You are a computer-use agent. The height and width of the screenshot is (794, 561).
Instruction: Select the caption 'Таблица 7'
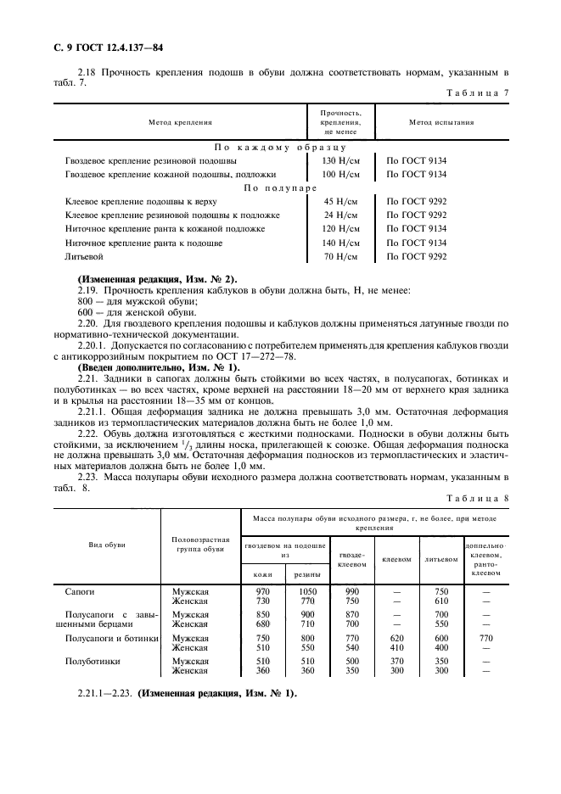(x=478, y=92)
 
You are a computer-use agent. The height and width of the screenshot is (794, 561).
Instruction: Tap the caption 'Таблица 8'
(x=478, y=500)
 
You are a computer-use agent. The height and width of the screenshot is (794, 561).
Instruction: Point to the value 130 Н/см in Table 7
(x=339, y=159)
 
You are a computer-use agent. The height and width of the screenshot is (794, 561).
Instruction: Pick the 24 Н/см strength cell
(x=339, y=215)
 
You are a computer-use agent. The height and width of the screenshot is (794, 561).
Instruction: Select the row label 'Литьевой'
(x=84, y=256)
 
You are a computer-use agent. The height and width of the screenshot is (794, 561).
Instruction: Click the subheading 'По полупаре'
(x=280, y=187)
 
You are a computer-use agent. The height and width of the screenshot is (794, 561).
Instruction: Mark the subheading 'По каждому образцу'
(x=280, y=146)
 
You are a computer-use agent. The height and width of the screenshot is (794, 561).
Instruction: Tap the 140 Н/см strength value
(x=339, y=243)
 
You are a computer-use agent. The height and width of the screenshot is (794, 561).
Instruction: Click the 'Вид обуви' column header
(x=107, y=544)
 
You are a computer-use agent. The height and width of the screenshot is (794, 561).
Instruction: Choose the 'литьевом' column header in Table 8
(x=441, y=558)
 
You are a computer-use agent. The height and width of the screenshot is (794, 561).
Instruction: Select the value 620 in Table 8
(x=396, y=638)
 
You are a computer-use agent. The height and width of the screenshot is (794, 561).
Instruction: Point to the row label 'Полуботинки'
(x=90, y=662)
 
